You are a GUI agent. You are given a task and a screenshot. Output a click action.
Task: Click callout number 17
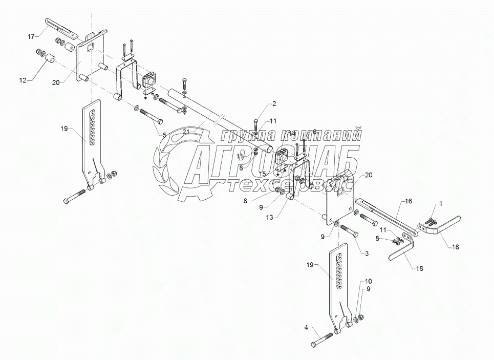tap(31, 36)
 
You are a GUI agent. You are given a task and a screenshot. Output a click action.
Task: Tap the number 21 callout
tap(185, 132)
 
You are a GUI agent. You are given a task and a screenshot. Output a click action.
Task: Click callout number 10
tap(369, 282)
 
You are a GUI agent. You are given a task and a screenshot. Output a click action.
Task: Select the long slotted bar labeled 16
tap(389, 215)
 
